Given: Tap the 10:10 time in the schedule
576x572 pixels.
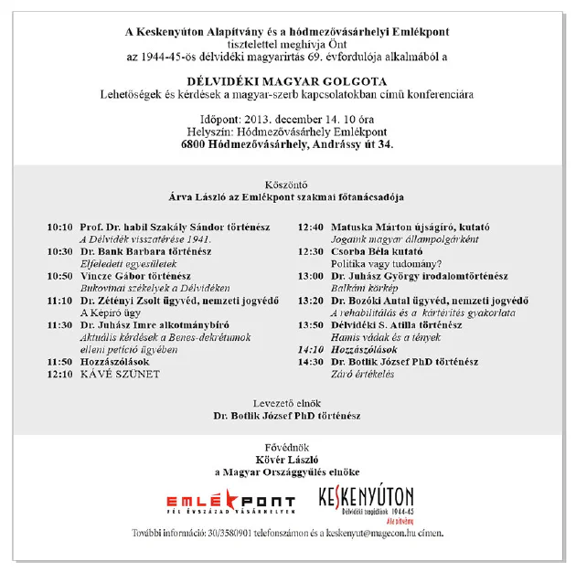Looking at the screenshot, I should tap(59, 225).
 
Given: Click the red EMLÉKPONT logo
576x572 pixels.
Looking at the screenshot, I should tap(230, 501).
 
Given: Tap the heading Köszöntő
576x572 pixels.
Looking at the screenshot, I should tap(287, 184).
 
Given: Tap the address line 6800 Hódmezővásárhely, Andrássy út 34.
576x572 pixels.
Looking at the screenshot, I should tap(287, 144).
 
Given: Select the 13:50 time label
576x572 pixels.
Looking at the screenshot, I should tap(311, 324).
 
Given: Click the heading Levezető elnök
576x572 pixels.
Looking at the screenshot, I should tap(287, 402).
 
